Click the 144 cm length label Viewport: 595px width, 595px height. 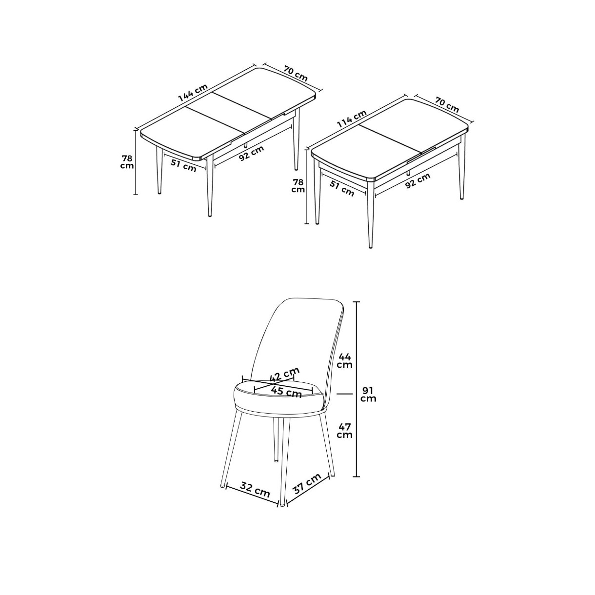pos(193,92)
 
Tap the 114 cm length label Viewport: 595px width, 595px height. pos(352,119)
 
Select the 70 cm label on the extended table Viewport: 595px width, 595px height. pos(296,74)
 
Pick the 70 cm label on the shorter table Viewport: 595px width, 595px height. pos(447,105)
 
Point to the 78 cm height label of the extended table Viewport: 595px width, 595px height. pos(127,162)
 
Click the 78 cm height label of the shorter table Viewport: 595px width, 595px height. pos(298,186)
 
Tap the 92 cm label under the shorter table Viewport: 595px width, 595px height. pos(417,181)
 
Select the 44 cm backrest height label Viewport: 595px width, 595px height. pos(345,361)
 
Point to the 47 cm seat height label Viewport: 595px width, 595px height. pos(345,431)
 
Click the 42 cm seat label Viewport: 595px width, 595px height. pos(284,374)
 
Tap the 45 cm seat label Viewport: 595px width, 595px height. pos(286,392)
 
